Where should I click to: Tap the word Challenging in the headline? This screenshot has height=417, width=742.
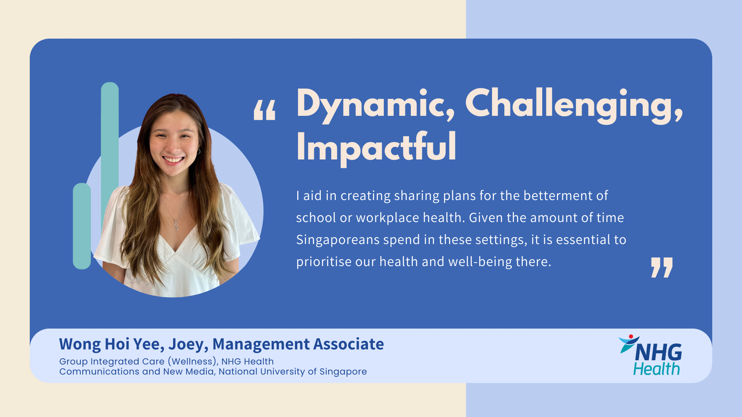574,104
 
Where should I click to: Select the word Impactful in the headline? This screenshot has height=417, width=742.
376,147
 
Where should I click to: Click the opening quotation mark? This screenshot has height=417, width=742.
265,110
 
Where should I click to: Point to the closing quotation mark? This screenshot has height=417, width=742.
662,268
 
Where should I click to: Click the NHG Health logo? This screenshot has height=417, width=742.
650,355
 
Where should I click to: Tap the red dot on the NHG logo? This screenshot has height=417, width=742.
631,337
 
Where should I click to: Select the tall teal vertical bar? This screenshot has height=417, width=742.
110,154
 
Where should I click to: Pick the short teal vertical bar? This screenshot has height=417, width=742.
82,226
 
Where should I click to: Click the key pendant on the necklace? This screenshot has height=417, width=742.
176,225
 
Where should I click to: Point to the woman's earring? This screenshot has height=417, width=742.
199,151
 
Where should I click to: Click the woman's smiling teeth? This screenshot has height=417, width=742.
173,159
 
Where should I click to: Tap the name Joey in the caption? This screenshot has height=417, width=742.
188,344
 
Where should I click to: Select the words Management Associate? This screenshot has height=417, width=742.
298,344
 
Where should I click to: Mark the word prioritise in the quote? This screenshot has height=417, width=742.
324,262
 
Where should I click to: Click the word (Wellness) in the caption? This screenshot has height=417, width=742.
193,361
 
